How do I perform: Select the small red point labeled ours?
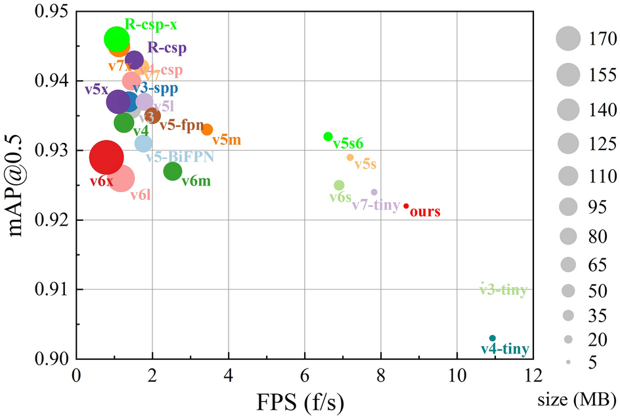pyautogui.click(x=406, y=206)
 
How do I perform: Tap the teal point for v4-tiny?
pyautogui.click(x=493, y=338)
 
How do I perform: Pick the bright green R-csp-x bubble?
pyautogui.click(x=116, y=39)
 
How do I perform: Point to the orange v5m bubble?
pyautogui.click(x=207, y=130)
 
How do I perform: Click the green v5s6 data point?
pyautogui.click(x=328, y=136)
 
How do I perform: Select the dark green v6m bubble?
pyautogui.click(x=173, y=171)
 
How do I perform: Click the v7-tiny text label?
pyautogui.click(x=376, y=206)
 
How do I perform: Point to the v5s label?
pyautogui.click(x=365, y=165)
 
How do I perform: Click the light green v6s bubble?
pyautogui.click(x=339, y=186)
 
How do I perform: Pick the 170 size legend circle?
pyautogui.click(x=569, y=39)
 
